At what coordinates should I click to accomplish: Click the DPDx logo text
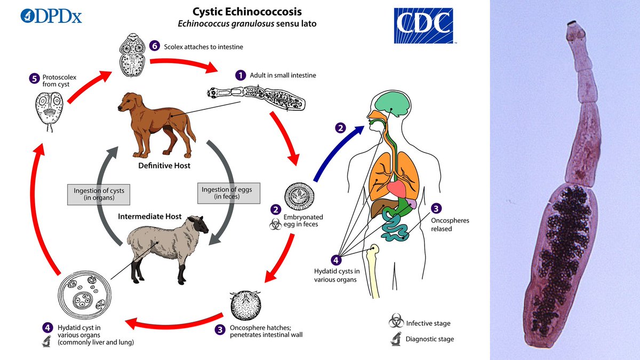51,15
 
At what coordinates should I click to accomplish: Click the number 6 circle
155,46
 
